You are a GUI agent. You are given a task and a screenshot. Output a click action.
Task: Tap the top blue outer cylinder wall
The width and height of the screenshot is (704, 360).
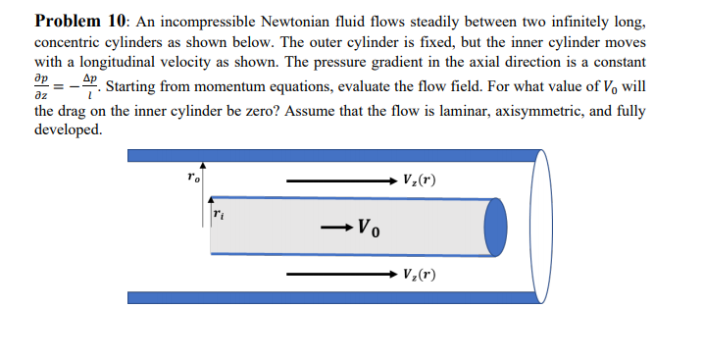[333, 155]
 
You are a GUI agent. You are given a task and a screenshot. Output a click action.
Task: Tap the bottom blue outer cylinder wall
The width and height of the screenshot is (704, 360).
[333, 297]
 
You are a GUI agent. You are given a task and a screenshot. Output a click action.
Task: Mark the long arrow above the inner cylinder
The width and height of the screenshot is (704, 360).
[338, 180]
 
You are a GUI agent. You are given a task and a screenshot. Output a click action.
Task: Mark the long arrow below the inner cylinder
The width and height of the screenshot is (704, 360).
[338, 274]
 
